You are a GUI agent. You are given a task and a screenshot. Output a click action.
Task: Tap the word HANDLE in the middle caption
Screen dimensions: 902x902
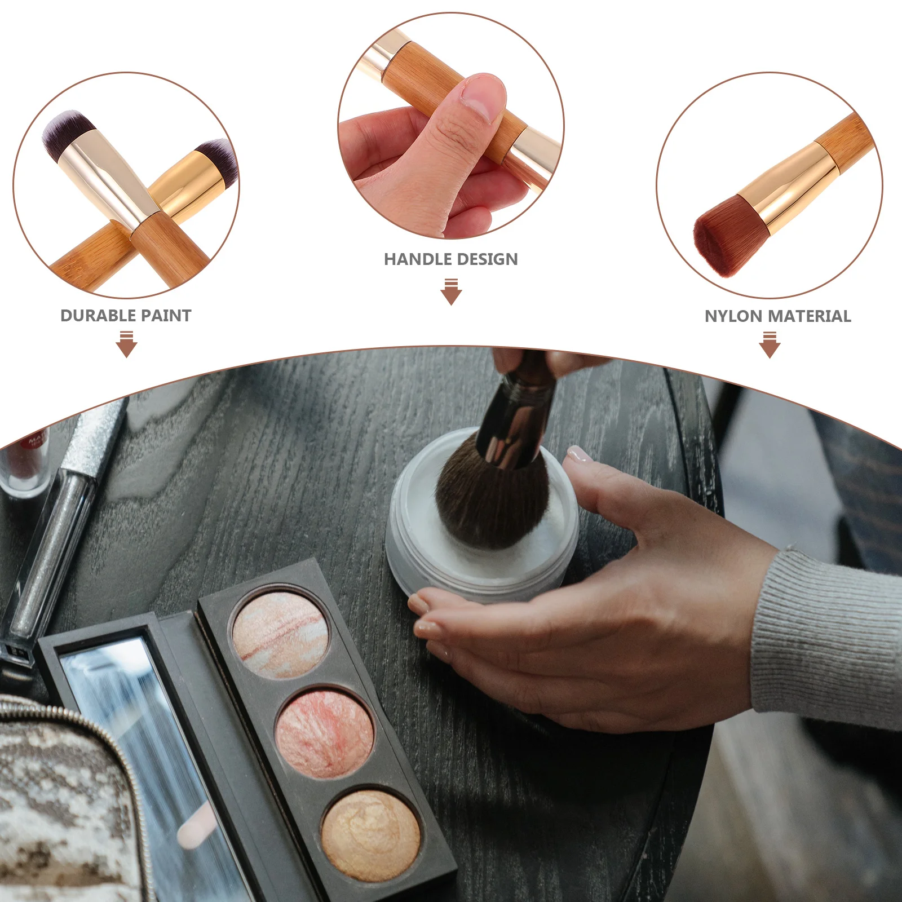[417, 259]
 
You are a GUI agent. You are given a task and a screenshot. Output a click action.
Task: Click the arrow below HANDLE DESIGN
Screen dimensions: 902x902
[451, 291]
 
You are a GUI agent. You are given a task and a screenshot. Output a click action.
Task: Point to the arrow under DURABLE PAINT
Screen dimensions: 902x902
[126, 344]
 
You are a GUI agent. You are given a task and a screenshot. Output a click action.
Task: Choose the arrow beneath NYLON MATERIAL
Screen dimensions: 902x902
[770, 344]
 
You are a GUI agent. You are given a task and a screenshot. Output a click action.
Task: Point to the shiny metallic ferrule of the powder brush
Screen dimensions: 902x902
[513, 428]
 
